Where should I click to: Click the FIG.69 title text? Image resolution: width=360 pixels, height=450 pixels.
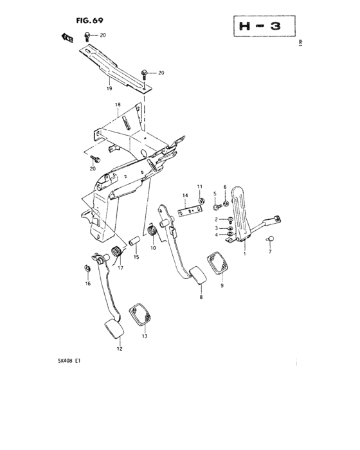[x=90, y=20]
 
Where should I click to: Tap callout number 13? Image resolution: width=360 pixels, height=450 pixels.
[x=145, y=336]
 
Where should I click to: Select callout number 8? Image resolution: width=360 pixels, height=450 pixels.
[x=201, y=298]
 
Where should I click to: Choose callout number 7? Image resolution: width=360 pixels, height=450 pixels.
[x=271, y=253]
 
